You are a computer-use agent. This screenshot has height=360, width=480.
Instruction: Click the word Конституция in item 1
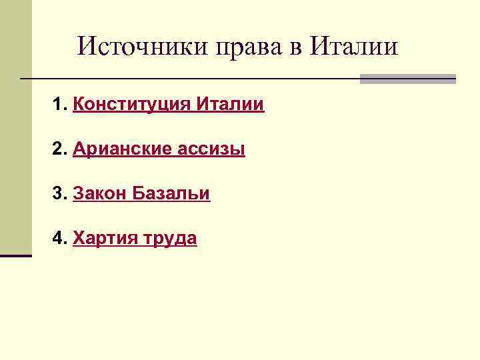[x=132, y=105]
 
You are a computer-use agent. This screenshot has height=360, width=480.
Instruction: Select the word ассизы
[x=211, y=150]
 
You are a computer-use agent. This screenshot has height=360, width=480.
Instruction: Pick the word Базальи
[x=171, y=194]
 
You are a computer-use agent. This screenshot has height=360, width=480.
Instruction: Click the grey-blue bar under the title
[x=407, y=79]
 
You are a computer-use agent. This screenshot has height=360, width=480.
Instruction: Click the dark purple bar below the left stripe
[x=15, y=255]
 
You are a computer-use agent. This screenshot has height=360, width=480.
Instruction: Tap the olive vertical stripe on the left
[x=15, y=127]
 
